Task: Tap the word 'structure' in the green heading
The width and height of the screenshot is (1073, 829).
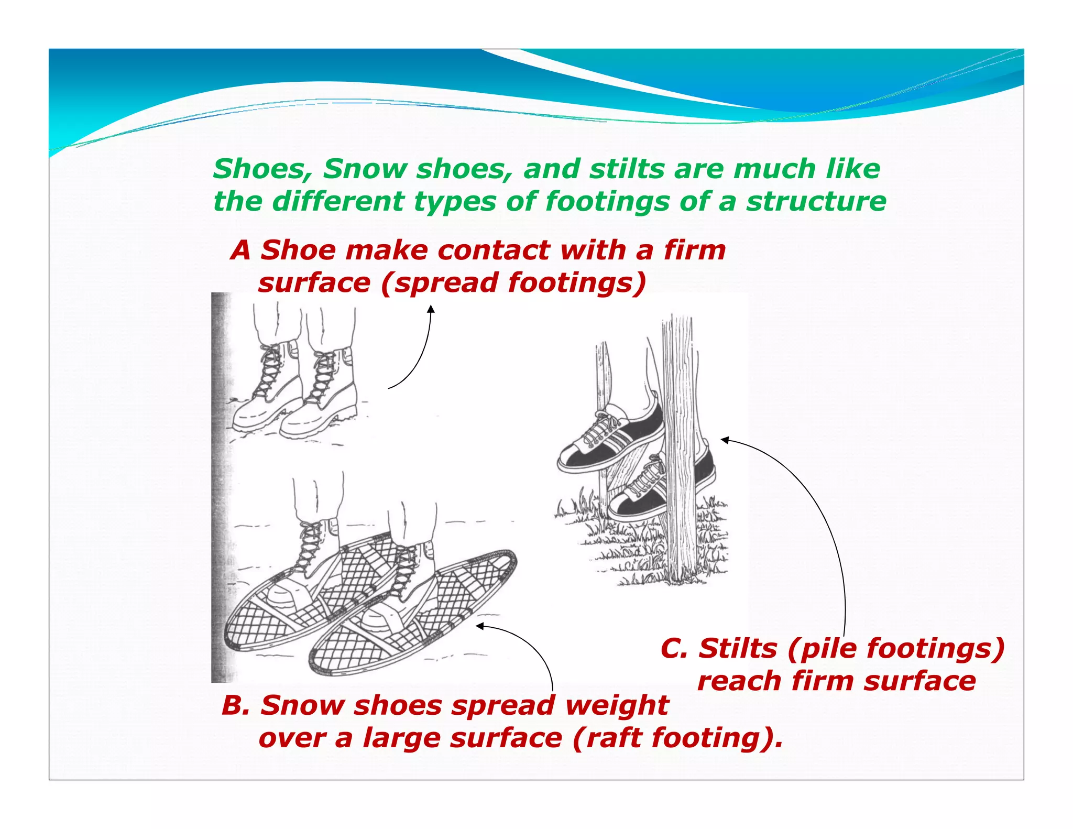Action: [816, 202]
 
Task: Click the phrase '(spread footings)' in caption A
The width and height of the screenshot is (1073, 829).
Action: [513, 283]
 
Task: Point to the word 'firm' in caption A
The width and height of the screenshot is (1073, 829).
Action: [695, 250]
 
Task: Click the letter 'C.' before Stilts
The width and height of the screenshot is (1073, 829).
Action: [674, 648]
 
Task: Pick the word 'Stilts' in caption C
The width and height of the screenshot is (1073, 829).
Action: [738, 648]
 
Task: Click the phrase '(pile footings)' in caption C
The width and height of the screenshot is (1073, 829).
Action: [896, 648]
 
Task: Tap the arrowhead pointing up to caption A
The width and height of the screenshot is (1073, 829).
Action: [431, 309]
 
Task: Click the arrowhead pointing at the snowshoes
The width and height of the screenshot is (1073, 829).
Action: [479, 626]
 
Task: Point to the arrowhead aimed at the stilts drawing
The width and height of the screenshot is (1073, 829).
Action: [725, 440]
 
